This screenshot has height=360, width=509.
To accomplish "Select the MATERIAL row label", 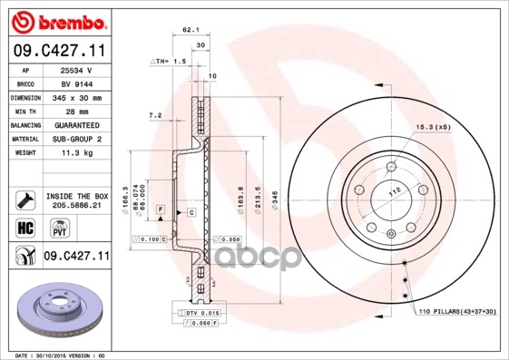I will (x=25, y=139).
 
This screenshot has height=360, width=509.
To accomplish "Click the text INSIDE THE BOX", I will (x=76, y=196).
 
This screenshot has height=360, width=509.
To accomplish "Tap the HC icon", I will (x=24, y=227).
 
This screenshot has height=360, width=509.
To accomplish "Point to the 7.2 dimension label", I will (x=155, y=115).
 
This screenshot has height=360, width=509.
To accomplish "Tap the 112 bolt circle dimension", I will (x=394, y=191).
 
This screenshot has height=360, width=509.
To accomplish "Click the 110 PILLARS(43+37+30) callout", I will (x=455, y=310).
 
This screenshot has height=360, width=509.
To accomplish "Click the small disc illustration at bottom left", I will (x=55, y=309).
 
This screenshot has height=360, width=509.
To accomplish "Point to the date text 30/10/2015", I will (x=61, y=355).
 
